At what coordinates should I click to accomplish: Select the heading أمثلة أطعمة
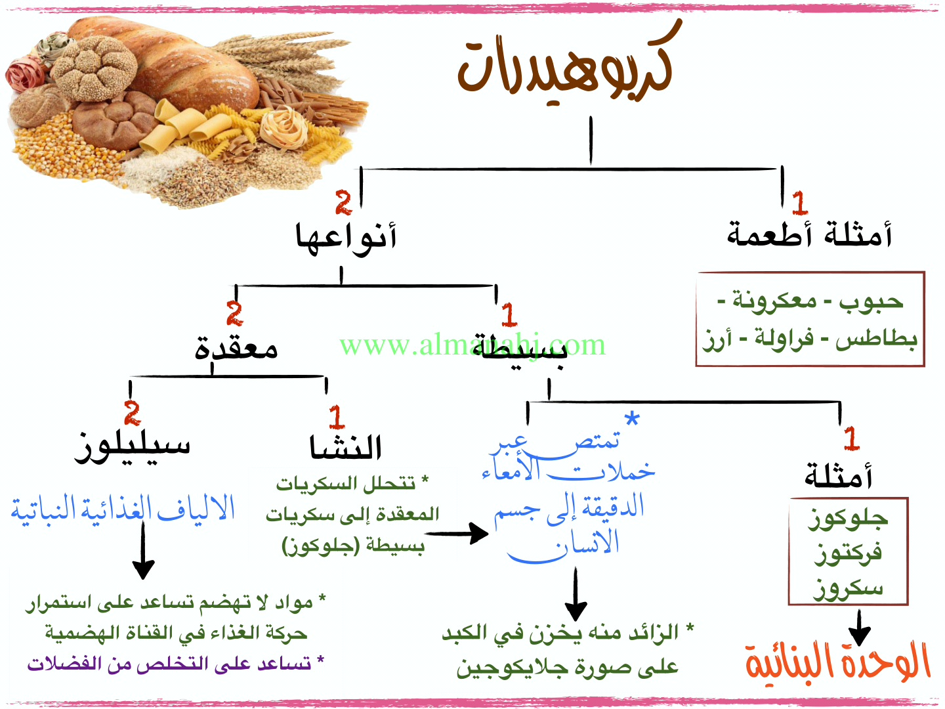click(x=809, y=234)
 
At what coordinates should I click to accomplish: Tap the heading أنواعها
click(x=346, y=238)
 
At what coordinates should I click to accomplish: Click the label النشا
click(x=346, y=448)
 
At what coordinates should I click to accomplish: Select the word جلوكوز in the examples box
click(x=848, y=519)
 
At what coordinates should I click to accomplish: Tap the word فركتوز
click(x=848, y=553)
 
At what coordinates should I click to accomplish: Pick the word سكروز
click(x=848, y=588)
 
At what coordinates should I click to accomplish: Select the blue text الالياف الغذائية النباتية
click(x=123, y=509)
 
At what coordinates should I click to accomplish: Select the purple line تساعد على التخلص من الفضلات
click(x=175, y=664)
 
